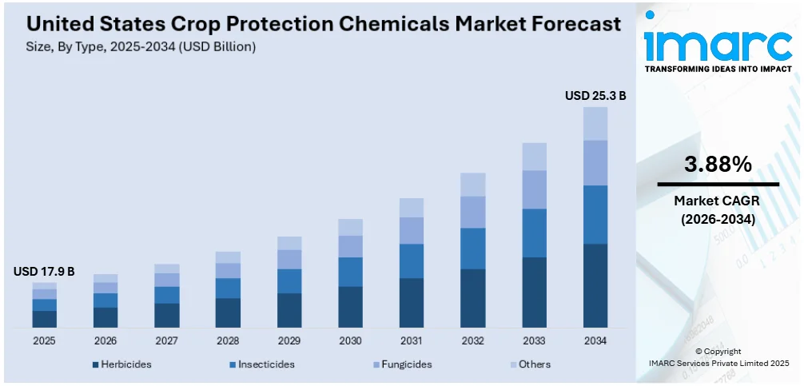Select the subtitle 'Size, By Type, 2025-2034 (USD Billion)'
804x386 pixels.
click(x=135, y=47)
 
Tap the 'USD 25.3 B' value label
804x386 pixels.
click(x=595, y=96)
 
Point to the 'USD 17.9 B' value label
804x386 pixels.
click(x=44, y=272)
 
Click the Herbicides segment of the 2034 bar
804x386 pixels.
click(x=595, y=285)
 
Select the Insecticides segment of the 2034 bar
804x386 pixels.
click(x=595, y=214)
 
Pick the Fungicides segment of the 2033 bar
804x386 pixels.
click(x=534, y=189)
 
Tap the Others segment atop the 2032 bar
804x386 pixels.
click(x=473, y=185)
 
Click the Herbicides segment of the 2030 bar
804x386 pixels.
click(x=350, y=307)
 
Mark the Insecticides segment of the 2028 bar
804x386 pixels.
click(x=228, y=288)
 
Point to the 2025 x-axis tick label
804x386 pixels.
click(x=44, y=340)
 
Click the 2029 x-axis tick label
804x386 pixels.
click(x=289, y=340)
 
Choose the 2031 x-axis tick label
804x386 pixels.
click(x=412, y=340)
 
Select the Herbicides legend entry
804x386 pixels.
click(x=121, y=364)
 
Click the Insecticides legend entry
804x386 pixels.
click(x=261, y=364)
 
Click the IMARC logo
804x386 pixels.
click(x=718, y=46)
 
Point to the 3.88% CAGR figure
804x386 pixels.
click(x=718, y=165)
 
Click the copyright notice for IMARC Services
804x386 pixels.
click(x=718, y=356)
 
